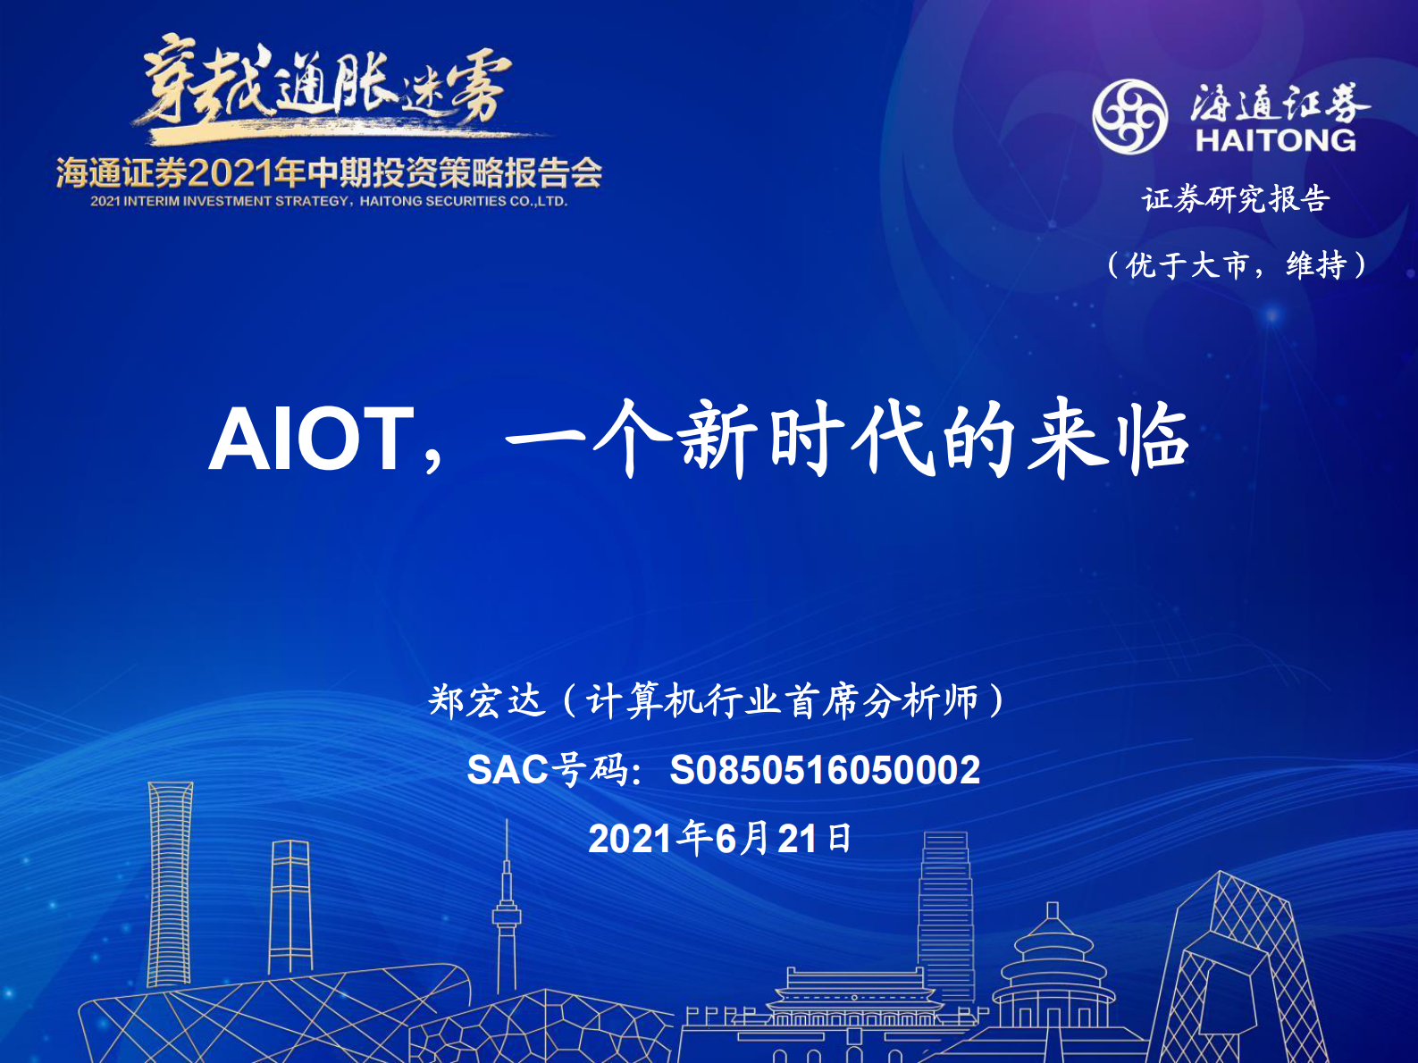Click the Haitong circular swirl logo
click(1129, 117)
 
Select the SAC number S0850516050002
click(825, 770)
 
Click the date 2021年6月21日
click(720, 838)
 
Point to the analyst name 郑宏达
click(486, 701)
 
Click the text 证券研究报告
click(1236, 198)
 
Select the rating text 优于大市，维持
click(1237, 265)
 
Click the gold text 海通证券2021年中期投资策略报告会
click(329, 172)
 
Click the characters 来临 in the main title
click(1108, 439)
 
